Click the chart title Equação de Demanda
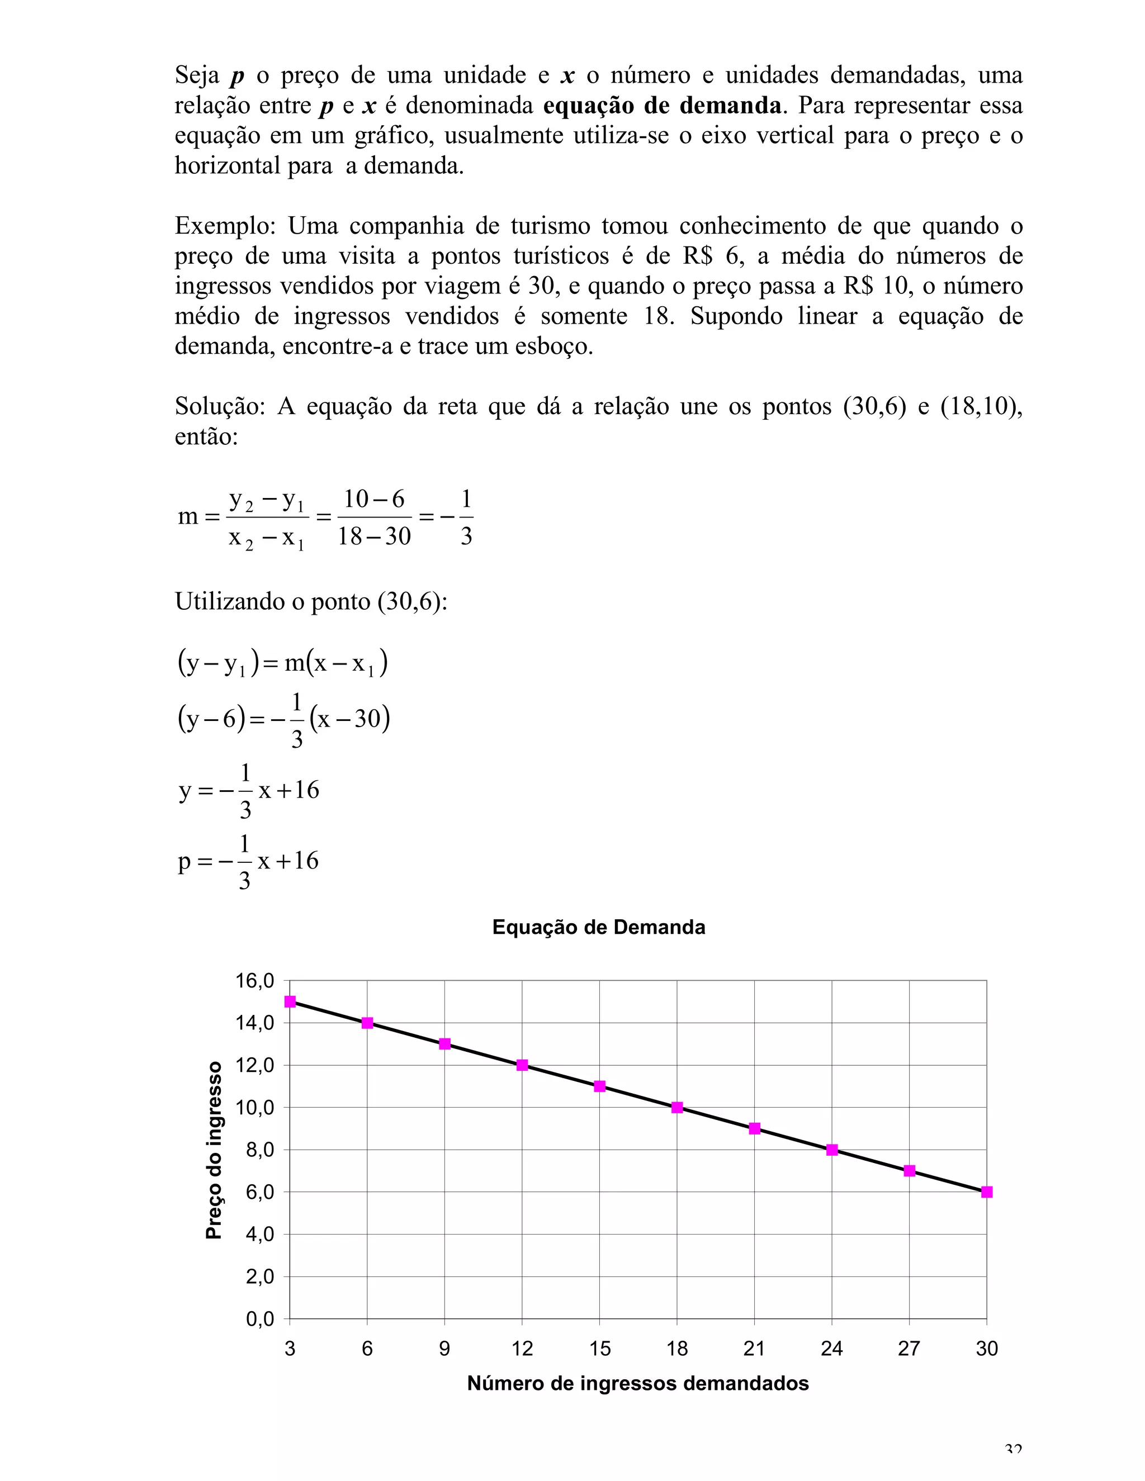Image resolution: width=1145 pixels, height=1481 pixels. (x=598, y=927)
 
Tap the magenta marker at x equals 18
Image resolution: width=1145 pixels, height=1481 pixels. (x=677, y=1107)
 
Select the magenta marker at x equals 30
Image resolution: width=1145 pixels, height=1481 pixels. (x=986, y=1192)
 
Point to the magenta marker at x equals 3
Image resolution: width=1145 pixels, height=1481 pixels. (x=290, y=1001)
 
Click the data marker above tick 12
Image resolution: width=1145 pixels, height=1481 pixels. (x=522, y=1065)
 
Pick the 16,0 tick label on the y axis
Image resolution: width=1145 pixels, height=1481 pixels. (x=254, y=981)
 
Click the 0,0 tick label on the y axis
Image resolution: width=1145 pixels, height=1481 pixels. (x=259, y=1319)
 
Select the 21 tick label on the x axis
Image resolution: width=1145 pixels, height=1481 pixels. (x=754, y=1349)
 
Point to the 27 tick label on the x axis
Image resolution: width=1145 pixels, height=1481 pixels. (x=909, y=1349)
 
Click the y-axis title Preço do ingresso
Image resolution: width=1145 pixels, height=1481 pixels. (x=214, y=1150)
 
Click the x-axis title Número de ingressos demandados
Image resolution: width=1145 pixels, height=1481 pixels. (x=637, y=1383)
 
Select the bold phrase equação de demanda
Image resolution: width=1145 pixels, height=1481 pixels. (x=662, y=106)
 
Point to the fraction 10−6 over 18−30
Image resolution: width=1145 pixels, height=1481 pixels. (x=374, y=518)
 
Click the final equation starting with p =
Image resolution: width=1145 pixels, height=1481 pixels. (x=248, y=862)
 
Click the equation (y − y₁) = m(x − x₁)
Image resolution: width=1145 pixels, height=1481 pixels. (x=282, y=662)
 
